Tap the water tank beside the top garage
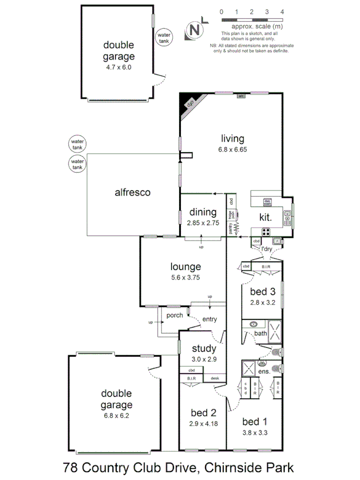[163, 38]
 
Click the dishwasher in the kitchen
[268, 203]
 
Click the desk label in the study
[215, 379]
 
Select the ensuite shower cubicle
[249, 368]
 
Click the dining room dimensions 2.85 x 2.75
[203, 223]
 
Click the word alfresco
[132, 193]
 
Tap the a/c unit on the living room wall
[241, 96]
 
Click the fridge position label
[231, 215]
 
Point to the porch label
[175, 315]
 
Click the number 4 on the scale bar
[282, 11]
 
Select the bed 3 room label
[263, 292]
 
